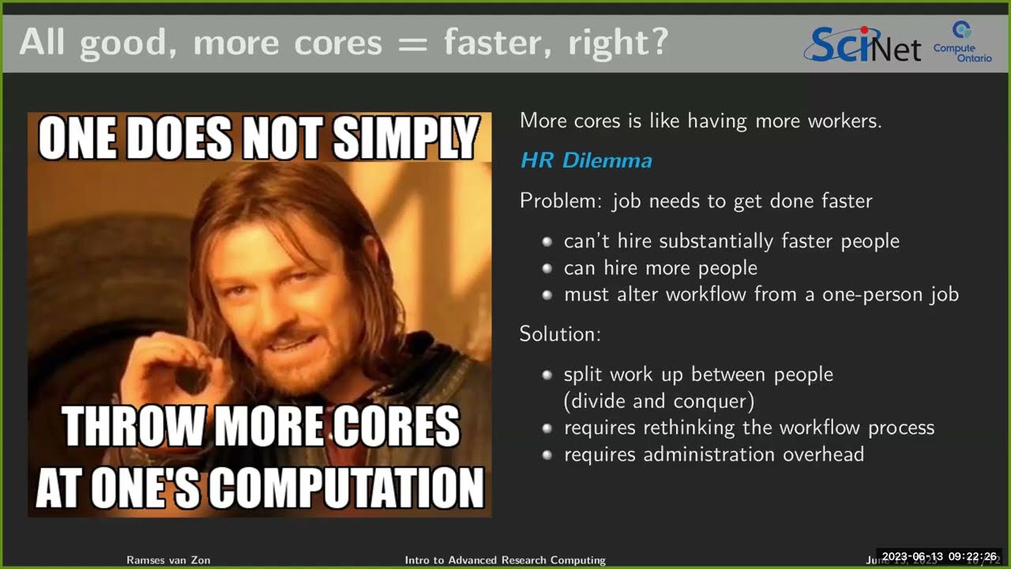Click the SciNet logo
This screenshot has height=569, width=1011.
pyautogui.click(x=861, y=44)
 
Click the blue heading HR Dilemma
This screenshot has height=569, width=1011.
pyautogui.click(x=585, y=160)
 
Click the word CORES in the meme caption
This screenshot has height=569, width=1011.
pyautogui.click(x=398, y=427)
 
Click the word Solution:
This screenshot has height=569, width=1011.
pyautogui.click(x=559, y=334)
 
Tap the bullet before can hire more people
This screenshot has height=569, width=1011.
pyautogui.click(x=547, y=268)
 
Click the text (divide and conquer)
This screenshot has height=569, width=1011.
pyautogui.click(x=659, y=401)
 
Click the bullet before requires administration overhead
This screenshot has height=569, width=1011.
pyautogui.click(x=547, y=454)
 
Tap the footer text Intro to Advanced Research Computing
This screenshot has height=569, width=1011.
pyautogui.click(x=505, y=560)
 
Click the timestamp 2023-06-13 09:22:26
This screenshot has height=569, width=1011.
pyautogui.click(x=938, y=556)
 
